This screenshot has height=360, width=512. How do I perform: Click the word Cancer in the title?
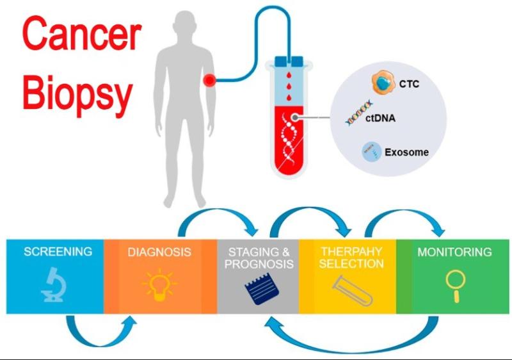pos(83,35)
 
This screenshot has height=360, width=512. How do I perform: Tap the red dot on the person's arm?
pos(209,79)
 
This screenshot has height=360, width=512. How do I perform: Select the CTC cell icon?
pos(383,83)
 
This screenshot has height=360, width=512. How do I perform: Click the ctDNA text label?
pos(380,118)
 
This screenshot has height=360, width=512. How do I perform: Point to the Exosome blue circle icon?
pos(372,152)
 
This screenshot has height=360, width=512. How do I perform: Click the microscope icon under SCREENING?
pos(53,284)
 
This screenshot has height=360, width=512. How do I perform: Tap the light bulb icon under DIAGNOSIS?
pos(159,285)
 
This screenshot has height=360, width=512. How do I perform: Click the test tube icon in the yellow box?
pos(352,290)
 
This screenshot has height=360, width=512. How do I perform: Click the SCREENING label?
pos(58,252)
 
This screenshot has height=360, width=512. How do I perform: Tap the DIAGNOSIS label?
pos(159,252)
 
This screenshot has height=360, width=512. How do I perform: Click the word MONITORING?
pos(454,252)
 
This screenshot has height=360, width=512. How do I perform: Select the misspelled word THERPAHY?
pos(351,252)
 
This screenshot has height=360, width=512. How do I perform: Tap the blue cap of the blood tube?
pos(289,61)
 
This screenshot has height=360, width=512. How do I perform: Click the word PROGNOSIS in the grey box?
pos(259,264)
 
